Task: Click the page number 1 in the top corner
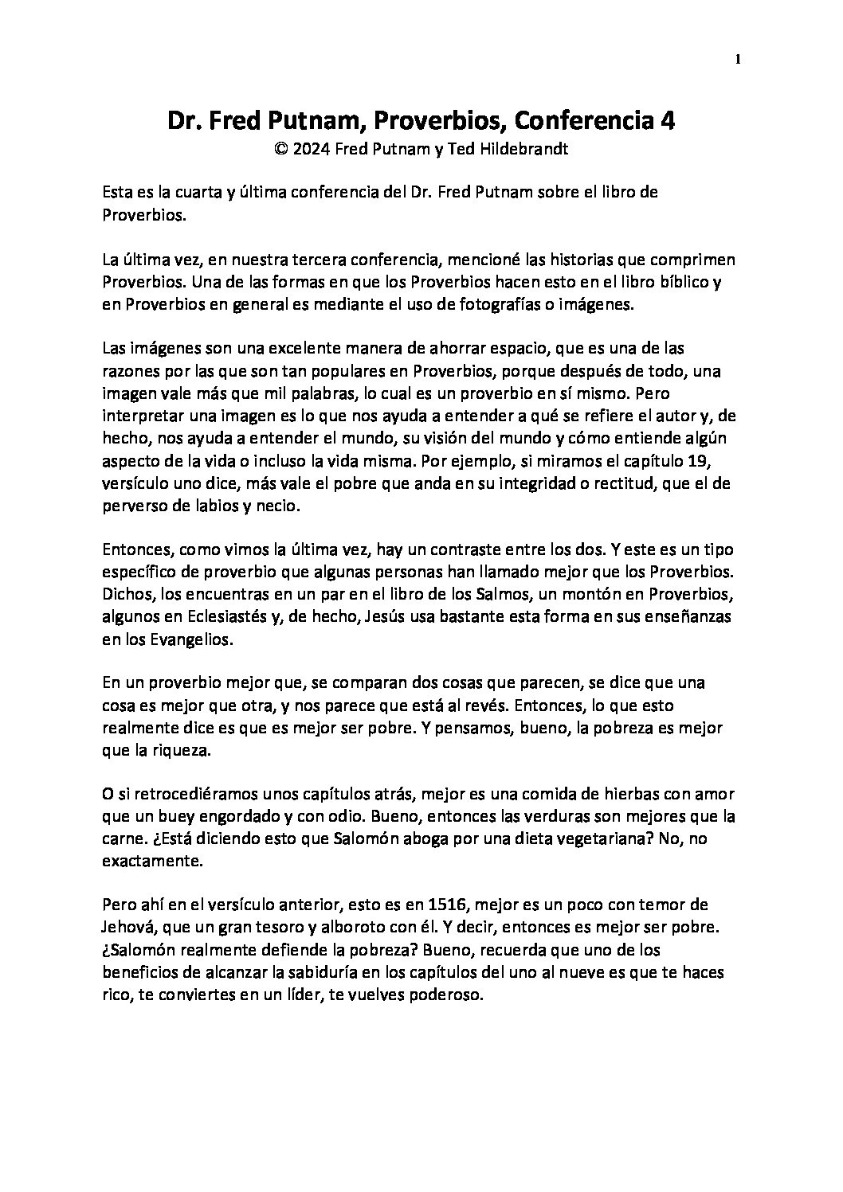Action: (x=739, y=59)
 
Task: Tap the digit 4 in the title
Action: (x=669, y=121)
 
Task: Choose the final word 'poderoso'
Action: (x=448, y=995)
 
